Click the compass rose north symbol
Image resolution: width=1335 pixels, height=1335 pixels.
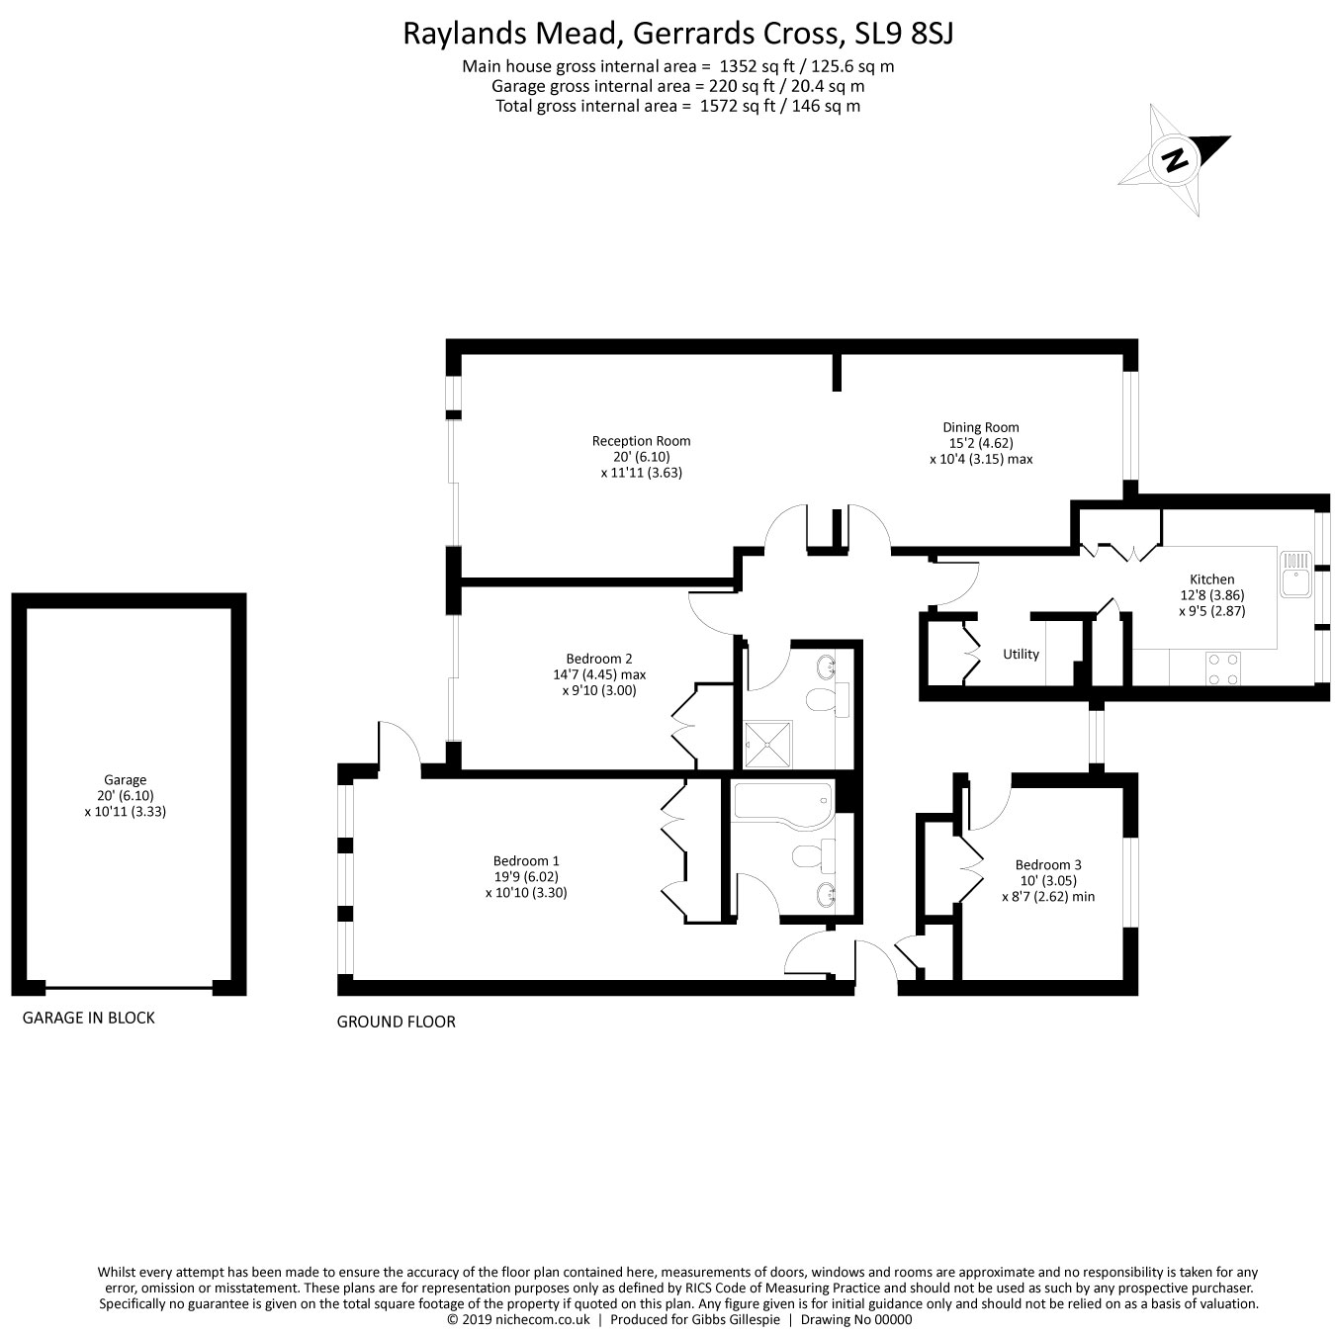pyautogui.click(x=1174, y=159)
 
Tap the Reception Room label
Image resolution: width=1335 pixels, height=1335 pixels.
pyautogui.click(x=641, y=441)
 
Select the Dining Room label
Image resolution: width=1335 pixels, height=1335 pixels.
pyautogui.click(x=980, y=428)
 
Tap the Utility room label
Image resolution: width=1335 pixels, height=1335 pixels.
pyautogui.click(x=1021, y=654)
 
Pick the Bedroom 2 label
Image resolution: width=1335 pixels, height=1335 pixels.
pyautogui.click(x=598, y=659)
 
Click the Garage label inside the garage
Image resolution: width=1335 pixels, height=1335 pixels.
pyautogui.click(x=126, y=779)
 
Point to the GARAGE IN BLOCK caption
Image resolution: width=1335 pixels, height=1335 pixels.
pyautogui.click(x=89, y=1018)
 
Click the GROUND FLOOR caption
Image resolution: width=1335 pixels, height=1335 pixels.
pyautogui.click(x=396, y=1022)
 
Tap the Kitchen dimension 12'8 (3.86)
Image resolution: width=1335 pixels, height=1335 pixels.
pyautogui.click(x=1211, y=595)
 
